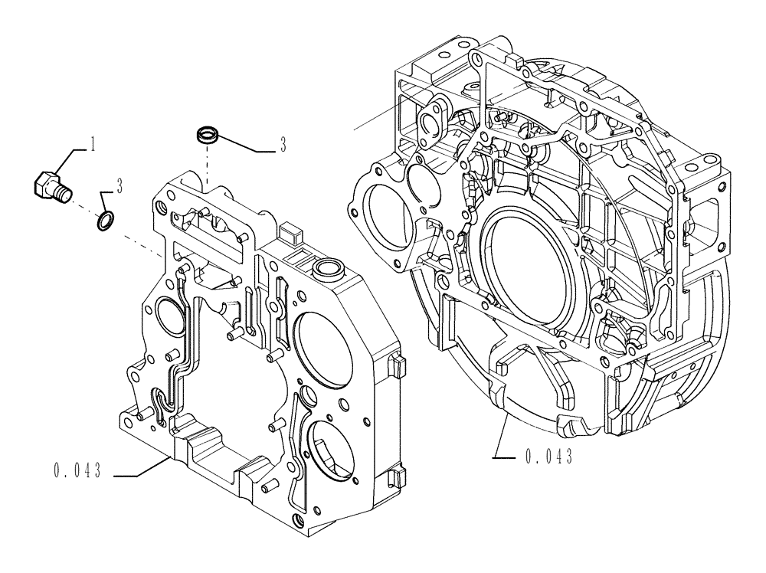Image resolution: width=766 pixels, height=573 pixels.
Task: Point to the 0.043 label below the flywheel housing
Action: (x=550, y=457)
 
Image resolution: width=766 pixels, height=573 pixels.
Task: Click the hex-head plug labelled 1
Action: (x=50, y=185)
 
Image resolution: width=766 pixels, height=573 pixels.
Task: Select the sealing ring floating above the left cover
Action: (x=206, y=136)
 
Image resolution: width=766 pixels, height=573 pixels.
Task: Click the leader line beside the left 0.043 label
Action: (x=142, y=474)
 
